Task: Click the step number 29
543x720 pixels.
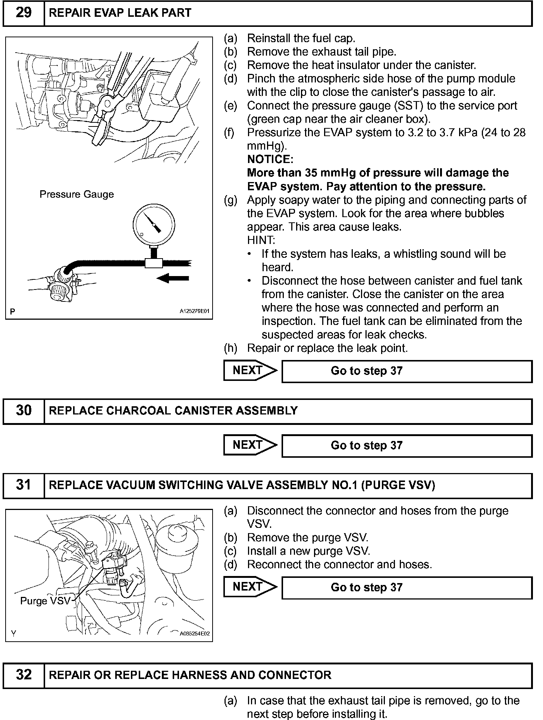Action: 23,13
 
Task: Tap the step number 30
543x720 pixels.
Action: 23,411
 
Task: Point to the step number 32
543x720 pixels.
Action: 23,675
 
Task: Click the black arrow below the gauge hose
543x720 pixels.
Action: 173,278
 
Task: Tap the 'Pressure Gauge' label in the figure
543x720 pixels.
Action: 76,194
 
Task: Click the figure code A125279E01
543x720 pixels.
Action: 195,311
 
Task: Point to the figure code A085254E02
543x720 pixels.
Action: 195,633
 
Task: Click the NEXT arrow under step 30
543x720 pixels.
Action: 250,445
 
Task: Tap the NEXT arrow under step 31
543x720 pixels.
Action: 250,587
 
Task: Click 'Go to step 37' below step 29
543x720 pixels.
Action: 367,371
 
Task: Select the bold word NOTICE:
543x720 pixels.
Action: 270,159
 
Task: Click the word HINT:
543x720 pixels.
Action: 261,240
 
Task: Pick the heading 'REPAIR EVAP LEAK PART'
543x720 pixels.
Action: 120,13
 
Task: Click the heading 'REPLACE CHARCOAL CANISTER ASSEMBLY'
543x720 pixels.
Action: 173,411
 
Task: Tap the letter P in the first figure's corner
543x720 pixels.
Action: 13,312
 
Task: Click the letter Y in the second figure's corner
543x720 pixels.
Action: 13,633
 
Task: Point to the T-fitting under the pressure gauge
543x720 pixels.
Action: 154,263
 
